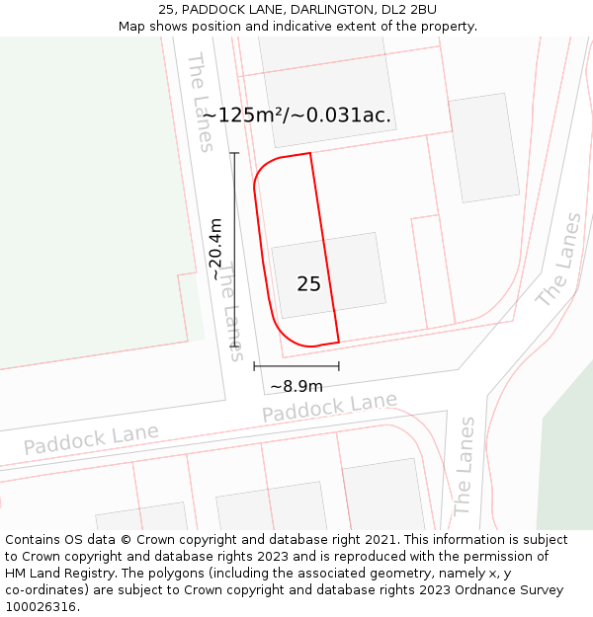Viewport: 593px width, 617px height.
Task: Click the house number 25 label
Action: [x=308, y=284]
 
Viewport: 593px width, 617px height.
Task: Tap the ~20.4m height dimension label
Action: [x=216, y=249]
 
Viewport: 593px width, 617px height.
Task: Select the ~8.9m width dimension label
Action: [x=296, y=386]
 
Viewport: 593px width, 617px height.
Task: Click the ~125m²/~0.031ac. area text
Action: [x=296, y=115]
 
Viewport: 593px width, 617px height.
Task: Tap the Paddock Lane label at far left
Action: [x=91, y=439]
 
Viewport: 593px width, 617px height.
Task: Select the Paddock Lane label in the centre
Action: [x=329, y=407]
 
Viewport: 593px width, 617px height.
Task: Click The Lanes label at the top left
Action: [x=200, y=103]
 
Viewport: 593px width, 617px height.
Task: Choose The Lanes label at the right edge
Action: [x=558, y=260]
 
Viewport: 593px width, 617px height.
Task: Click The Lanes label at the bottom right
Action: [x=465, y=465]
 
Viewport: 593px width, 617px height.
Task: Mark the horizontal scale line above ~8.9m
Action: [x=296, y=365]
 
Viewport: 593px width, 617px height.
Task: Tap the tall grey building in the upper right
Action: [x=484, y=148]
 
